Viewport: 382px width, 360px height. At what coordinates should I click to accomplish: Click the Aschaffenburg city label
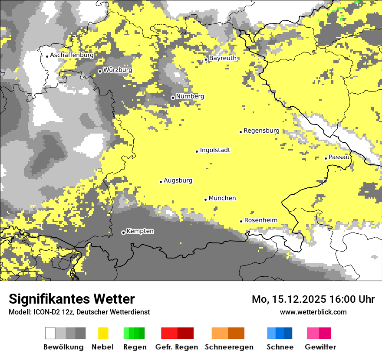coord(72,55)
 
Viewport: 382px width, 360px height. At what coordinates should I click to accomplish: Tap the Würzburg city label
coord(118,70)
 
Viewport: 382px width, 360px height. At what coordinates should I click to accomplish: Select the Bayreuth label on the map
coord(223,58)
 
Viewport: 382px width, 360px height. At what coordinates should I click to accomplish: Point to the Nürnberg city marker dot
coord(173,98)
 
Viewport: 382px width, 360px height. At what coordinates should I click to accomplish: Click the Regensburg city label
coord(261,131)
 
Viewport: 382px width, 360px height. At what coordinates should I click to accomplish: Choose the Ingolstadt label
coord(215,150)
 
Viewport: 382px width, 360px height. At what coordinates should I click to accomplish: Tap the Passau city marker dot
coord(326,158)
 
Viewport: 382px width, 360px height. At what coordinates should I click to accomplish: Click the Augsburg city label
coord(178,180)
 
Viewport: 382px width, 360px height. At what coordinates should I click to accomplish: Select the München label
coord(222,198)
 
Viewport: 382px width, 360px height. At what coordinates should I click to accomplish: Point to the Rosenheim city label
coord(260,220)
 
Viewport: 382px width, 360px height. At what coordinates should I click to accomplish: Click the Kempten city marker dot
coord(123,232)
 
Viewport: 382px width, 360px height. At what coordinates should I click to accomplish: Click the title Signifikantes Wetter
coord(72,299)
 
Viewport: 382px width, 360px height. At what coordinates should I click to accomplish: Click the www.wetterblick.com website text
coord(313,312)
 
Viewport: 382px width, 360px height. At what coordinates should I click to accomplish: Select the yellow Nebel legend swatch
coord(103,333)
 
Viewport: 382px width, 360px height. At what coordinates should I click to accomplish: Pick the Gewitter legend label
coord(320,347)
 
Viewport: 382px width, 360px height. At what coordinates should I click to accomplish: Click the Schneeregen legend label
coord(229,347)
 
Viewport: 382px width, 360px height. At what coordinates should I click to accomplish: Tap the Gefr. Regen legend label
coord(177,347)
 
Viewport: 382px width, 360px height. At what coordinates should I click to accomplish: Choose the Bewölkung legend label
coord(63,347)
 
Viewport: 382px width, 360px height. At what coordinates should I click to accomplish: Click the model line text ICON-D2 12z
coord(53,312)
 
